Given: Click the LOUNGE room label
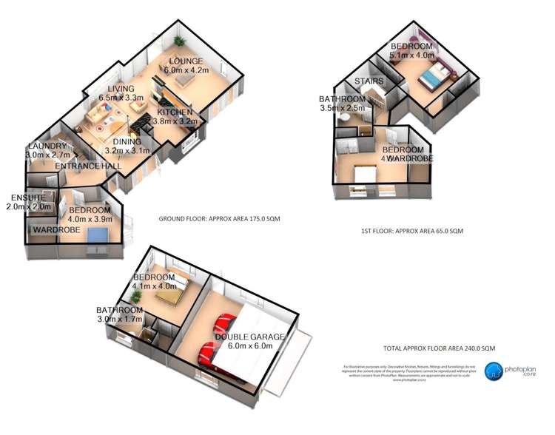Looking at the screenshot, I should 180,61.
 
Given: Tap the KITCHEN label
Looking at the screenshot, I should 175,112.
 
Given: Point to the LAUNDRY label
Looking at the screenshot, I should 47,146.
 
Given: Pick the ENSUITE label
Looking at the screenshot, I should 28,198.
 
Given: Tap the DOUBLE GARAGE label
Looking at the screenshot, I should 250,337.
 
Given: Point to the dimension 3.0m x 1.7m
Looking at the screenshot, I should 119,319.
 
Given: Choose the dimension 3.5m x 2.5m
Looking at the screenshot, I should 342,108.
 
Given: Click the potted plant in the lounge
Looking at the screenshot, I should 178,41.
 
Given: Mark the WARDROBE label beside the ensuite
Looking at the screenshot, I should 55,230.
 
